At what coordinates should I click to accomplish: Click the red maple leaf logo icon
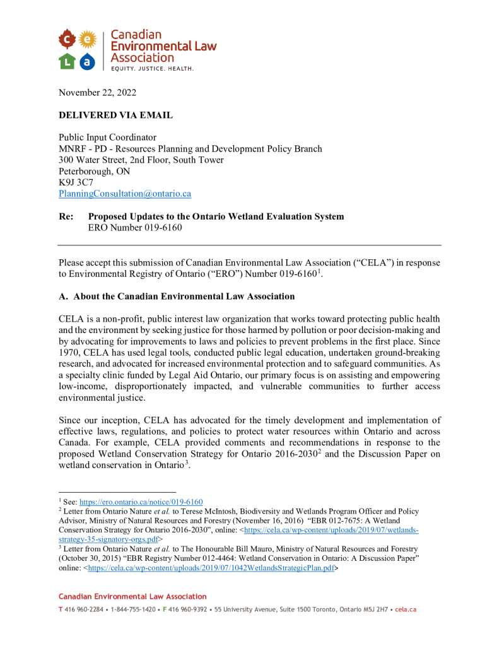tap(68, 40)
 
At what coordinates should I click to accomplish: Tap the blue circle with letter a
tap(88, 61)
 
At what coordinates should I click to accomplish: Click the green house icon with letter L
tap(68, 61)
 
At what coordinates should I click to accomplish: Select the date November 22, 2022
tap(97, 93)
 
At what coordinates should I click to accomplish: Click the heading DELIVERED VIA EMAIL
tap(115, 115)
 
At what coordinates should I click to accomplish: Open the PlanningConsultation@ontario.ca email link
tap(125, 194)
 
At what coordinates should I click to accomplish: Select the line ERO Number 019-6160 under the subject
tap(134, 228)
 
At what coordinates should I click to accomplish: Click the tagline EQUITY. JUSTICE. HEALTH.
tap(152, 68)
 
